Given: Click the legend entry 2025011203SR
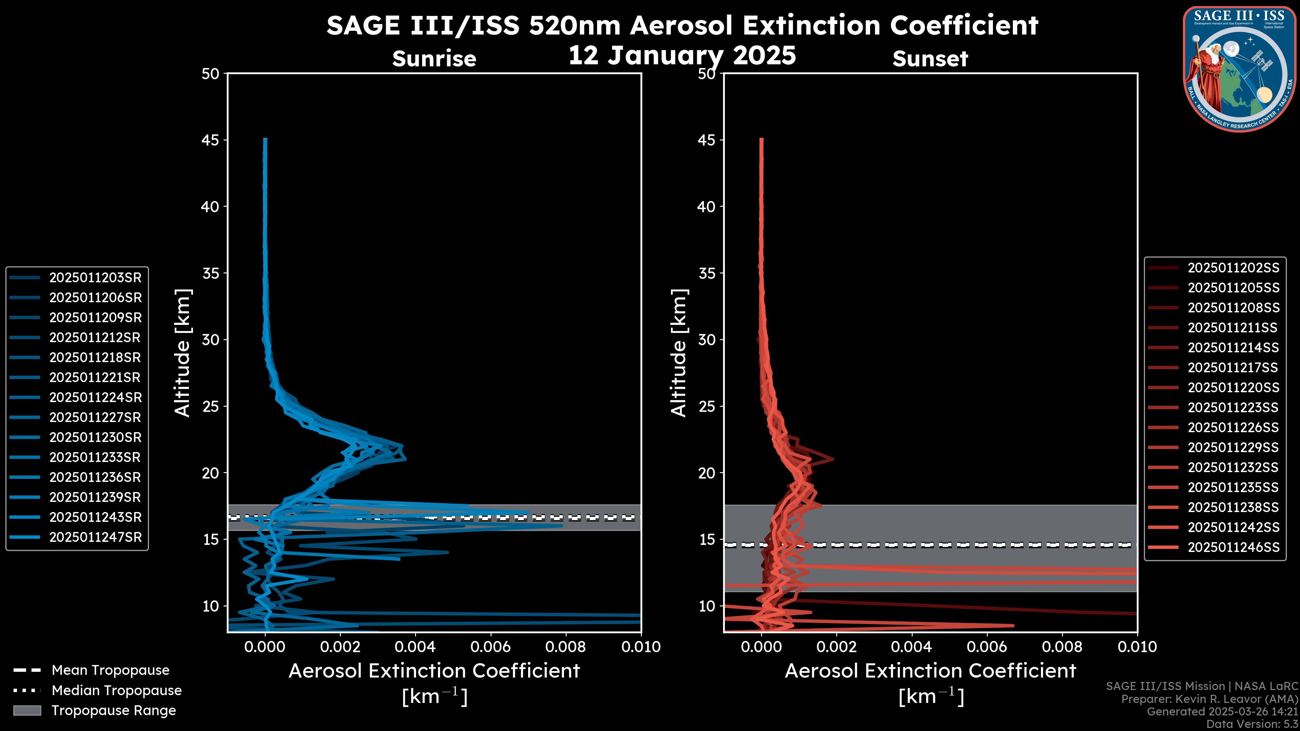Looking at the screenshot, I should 95,278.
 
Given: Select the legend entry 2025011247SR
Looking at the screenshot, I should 95,537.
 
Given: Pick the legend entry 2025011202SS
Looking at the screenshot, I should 1233,268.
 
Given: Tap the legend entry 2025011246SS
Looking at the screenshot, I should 1233,547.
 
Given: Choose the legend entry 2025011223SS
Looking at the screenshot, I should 1233,407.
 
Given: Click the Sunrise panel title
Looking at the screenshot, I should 434,59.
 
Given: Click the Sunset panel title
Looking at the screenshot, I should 930,59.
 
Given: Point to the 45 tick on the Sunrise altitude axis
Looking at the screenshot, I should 211,140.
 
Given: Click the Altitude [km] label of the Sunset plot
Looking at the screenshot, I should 679,353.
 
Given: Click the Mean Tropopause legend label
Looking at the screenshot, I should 110,670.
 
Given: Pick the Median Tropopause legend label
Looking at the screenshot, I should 116,691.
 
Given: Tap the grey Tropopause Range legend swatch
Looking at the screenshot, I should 27,711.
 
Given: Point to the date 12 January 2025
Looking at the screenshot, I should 682,56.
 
